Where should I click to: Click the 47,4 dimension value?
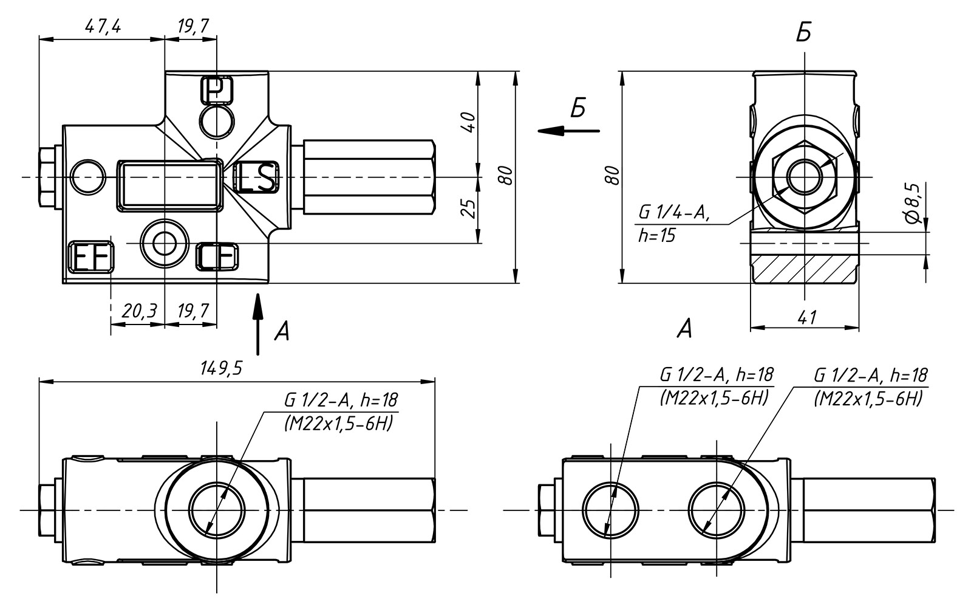pos(103,27)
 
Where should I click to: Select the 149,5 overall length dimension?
pos(222,368)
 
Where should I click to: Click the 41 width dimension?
pos(806,318)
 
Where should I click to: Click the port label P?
pos(216,90)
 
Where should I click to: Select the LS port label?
pos(256,177)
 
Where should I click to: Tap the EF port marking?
pos(92,257)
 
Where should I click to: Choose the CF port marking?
pos(217,256)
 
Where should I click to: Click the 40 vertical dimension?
pos(469,122)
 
